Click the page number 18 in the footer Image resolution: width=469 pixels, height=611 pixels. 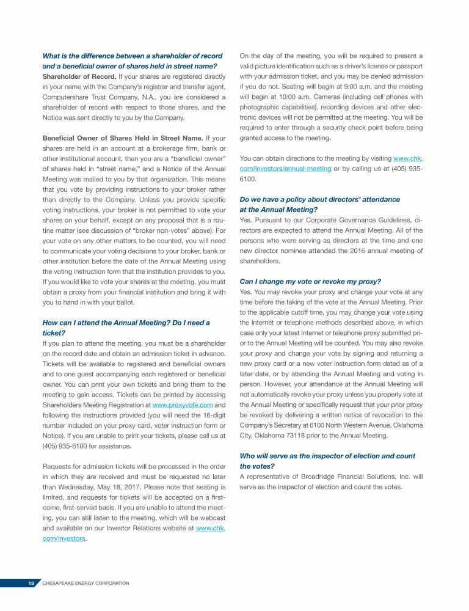pyautogui.click(x=31, y=583)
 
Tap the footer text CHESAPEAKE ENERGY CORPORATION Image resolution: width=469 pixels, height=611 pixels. pyautogui.click(x=86, y=583)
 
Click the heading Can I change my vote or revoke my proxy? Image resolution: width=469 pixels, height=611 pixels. pyautogui.click(x=310, y=281)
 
